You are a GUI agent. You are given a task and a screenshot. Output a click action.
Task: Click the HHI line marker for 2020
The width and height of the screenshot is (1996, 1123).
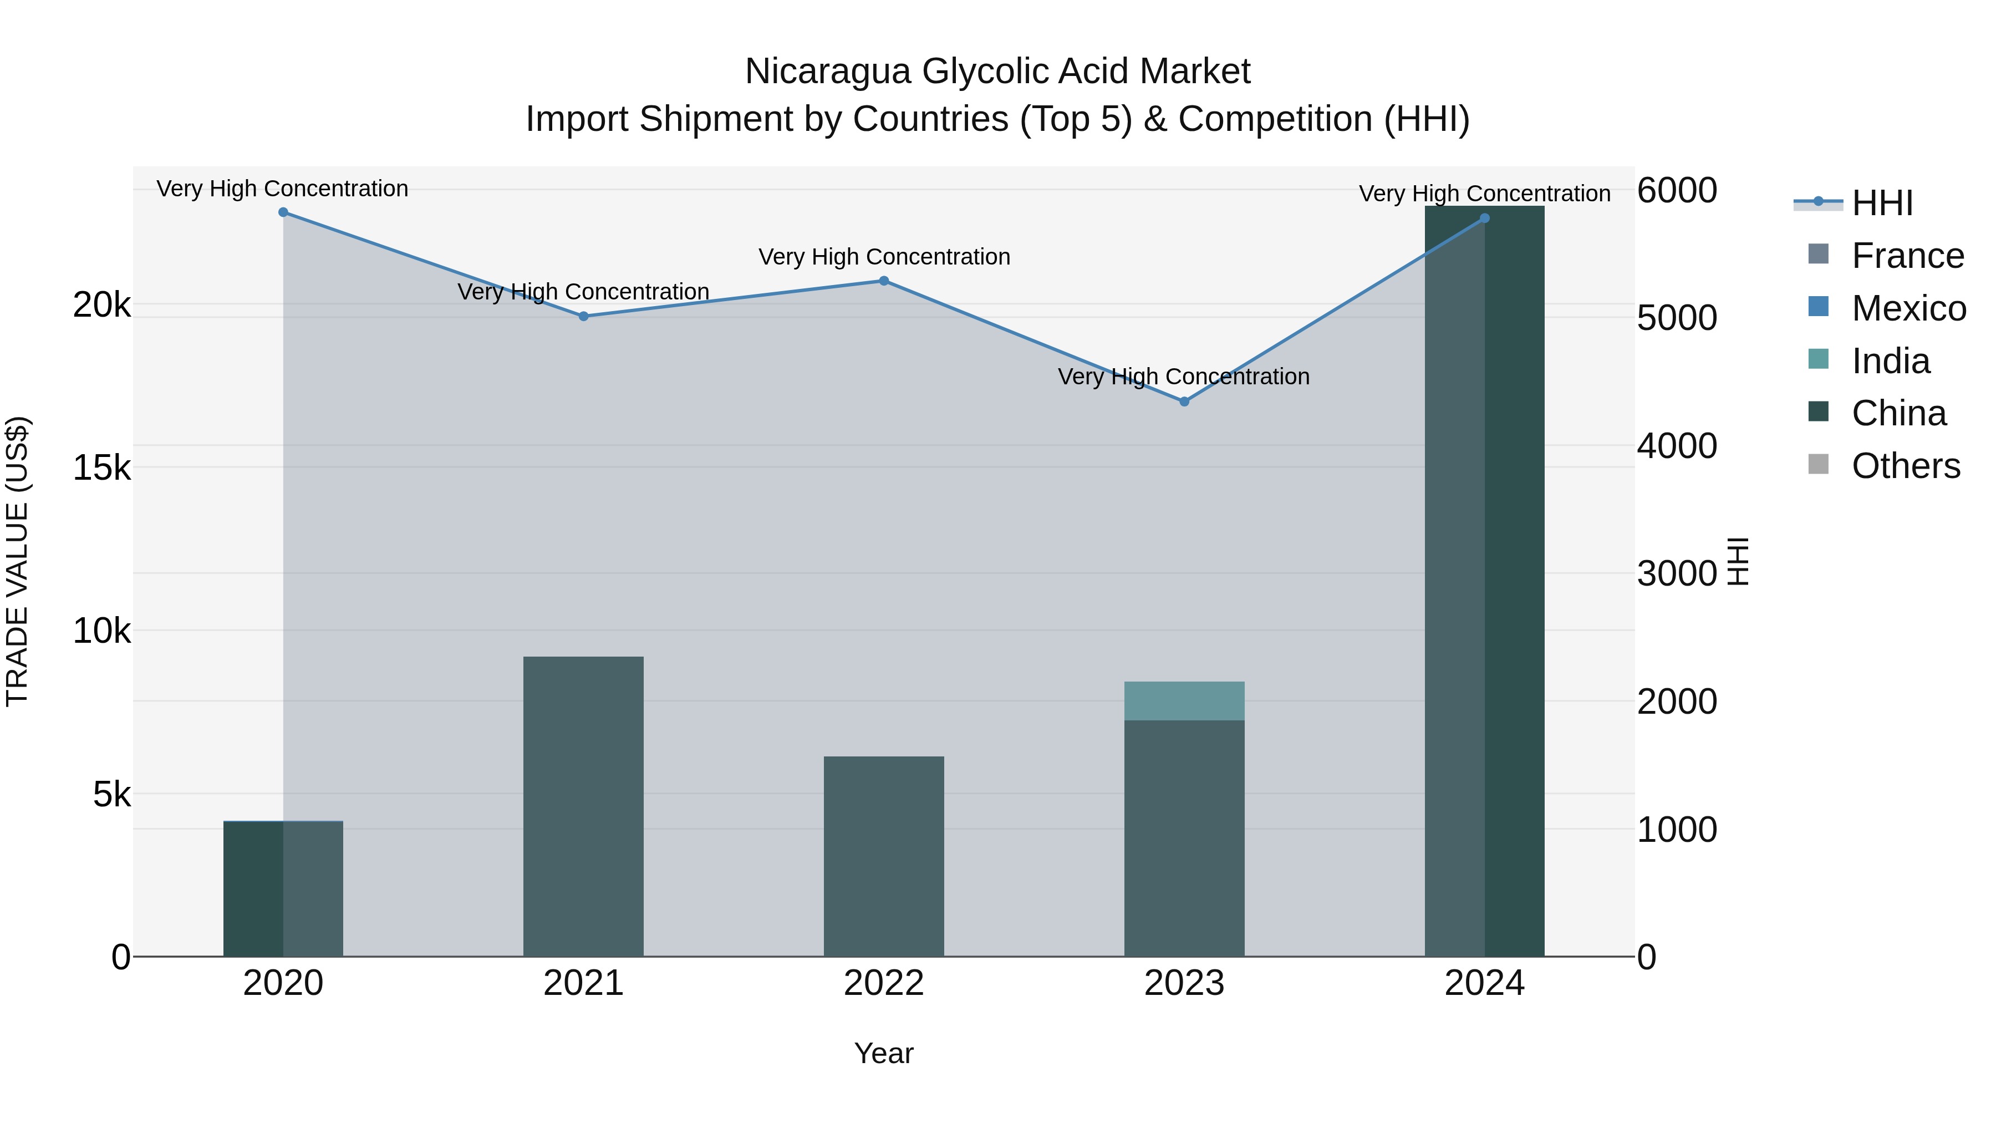pyautogui.click(x=283, y=212)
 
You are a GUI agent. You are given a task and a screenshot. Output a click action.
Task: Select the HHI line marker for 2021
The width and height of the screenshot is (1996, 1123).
pyautogui.click(x=583, y=316)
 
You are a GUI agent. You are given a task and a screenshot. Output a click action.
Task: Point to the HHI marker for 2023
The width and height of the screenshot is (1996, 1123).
pyautogui.click(x=1184, y=402)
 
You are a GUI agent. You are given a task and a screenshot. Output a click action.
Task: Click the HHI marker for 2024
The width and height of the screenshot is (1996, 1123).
pyautogui.click(x=1485, y=218)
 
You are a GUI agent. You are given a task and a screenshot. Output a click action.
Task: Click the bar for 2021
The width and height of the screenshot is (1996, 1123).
pyautogui.click(x=583, y=806)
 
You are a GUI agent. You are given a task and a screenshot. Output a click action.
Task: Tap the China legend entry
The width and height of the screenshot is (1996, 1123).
pyautogui.click(x=1898, y=413)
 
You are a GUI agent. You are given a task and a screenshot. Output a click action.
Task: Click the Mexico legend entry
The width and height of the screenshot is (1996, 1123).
pyautogui.click(x=1908, y=308)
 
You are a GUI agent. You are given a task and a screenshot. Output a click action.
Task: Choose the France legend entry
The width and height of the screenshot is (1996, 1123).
pyautogui.click(x=1907, y=256)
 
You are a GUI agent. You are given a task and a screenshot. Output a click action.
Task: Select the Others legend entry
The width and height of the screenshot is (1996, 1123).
pyautogui.click(x=1905, y=466)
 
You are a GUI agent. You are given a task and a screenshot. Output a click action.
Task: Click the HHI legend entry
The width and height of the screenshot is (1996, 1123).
pyautogui.click(x=1881, y=203)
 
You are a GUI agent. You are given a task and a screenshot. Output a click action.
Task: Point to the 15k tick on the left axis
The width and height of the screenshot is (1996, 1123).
pyautogui.click(x=101, y=468)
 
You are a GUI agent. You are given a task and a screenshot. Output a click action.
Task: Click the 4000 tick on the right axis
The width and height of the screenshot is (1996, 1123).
pyautogui.click(x=1677, y=446)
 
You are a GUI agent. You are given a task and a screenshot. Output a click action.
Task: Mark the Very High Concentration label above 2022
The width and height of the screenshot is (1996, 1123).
pyautogui.click(x=884, y=257)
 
